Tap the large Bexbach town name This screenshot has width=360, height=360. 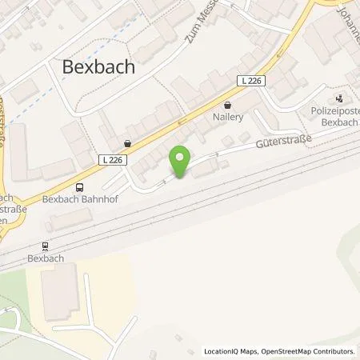[99, 67]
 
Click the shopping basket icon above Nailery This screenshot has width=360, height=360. [229, 105]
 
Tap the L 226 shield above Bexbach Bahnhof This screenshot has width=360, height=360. [113, 159]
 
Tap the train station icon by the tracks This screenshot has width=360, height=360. [46, 248]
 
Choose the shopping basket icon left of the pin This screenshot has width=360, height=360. [127, 144]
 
